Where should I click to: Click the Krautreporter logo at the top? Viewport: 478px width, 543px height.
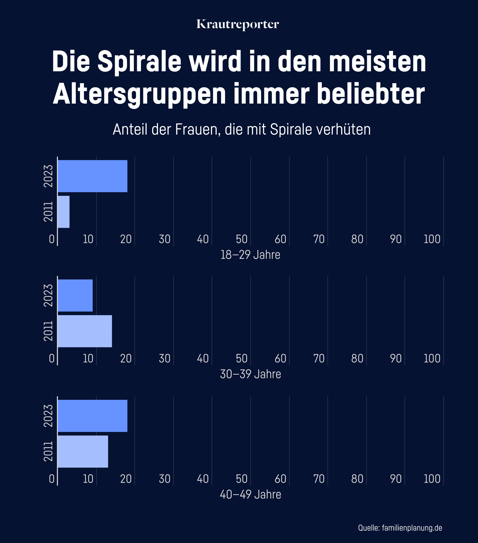click(x=237, y=25)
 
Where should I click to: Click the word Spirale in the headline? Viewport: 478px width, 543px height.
click(x=139, y=62)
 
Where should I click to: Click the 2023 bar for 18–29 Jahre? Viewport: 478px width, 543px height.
click(x=93, y=176)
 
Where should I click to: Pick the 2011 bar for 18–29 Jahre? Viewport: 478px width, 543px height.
click(x=64, y=212)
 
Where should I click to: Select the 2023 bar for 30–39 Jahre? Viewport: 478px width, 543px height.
click(x=75, y=296)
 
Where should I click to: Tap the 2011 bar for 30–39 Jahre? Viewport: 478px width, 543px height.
click(x=85, y=331)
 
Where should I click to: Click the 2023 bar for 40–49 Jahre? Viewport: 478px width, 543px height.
click(x=93, y=416)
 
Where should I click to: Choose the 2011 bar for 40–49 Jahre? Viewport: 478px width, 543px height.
click(x=83, y=451)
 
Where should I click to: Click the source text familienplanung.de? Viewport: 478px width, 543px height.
click(x=412, y=528)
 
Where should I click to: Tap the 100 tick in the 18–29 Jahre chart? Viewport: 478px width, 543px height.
click(x=432, y=239)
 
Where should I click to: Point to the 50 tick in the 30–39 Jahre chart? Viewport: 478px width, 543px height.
click(x=242, y=359)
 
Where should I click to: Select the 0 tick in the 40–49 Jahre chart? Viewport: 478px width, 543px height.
click(x=52, y=479)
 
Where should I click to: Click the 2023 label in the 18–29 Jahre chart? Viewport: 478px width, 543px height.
click(x=48, y=176)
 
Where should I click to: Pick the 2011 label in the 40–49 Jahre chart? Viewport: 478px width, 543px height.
click(x=48, y=451)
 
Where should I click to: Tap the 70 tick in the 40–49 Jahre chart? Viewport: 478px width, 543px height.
click(x=319, y=479)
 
